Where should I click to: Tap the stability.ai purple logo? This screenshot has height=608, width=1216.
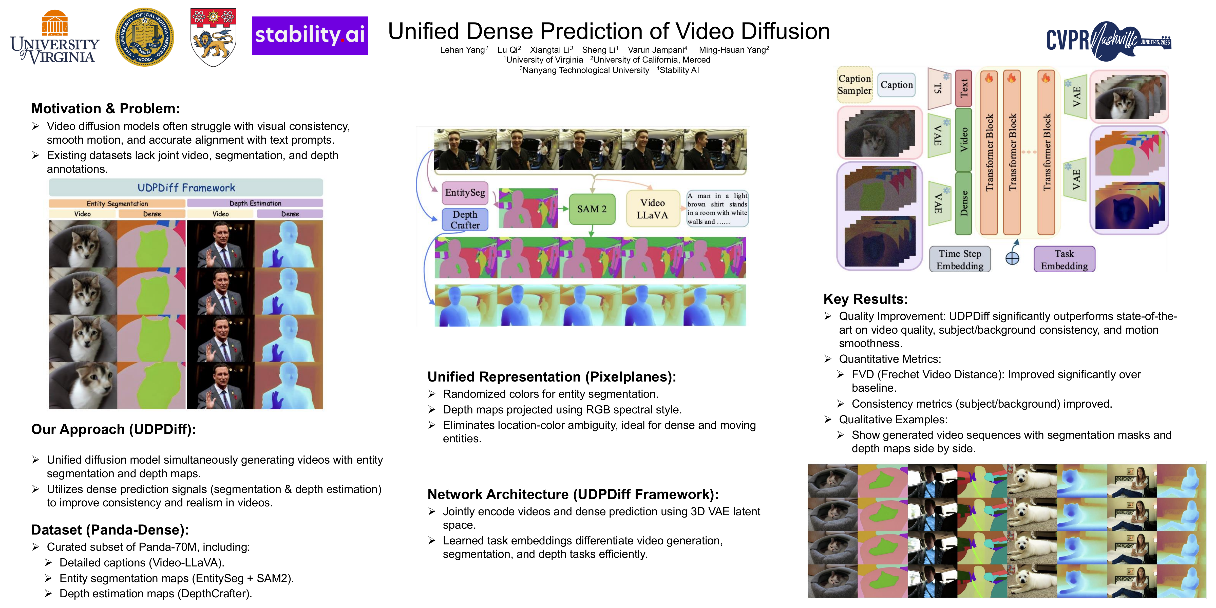pyautogui.click(x=310, y=35)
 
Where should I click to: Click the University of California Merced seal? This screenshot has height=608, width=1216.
pyautogui.click(x=144, y=37)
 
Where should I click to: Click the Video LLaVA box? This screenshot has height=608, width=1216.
pyautogui.click(x=652, y=209)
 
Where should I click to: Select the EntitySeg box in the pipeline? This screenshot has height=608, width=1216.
pyautogui.click(x=465, y=193)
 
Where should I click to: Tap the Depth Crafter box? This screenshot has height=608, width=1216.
pyautogui.click(x=465, y=219)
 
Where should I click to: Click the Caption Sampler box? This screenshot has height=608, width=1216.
pyautogui.click(x=854, y=85)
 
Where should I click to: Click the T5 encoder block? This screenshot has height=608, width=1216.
pyautogui.click(x=938, y=88)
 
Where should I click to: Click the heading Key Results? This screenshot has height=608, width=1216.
pyautogui.click(x=865, y=299)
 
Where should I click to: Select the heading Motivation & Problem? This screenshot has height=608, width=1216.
pyautogui.click(x=105, y=109)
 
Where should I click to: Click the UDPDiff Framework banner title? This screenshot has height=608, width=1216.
pyautogui.click(x=186, y=188)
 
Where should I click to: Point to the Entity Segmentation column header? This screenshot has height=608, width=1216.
pyautogui.click(x=117, y=203)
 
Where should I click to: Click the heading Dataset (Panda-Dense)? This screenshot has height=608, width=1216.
pyautogui.click(x=109, y=530)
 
